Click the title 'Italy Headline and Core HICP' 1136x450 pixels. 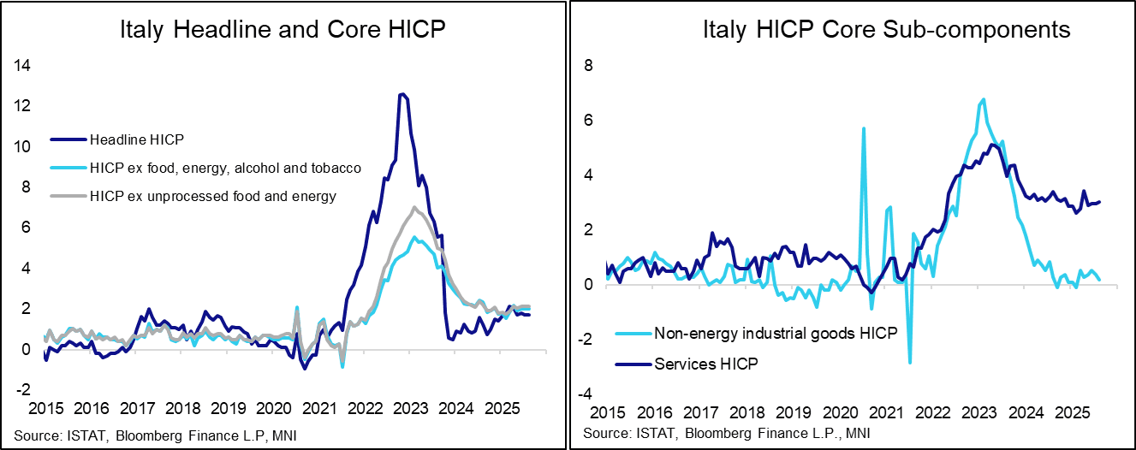tap(283, 31)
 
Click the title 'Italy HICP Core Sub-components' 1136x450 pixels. tap(886, 31)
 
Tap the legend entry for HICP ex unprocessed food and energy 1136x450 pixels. tap(212, 196)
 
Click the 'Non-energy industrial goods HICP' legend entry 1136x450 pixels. tap(776, 334)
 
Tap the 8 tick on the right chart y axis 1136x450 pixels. tap(587, 65)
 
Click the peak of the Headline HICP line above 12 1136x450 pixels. tap(401, 94)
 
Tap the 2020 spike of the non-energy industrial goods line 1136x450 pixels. tap(864, 127)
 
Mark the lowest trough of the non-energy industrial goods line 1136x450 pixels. tap(909, 363)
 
